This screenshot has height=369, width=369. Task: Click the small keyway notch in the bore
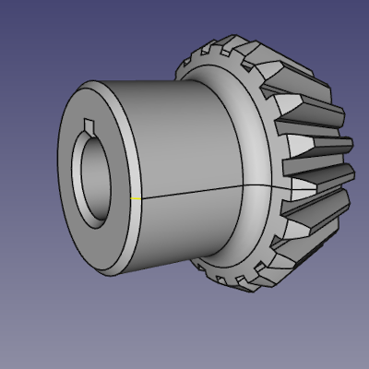tap(87, 125)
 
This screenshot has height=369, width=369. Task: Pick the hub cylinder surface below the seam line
tap(184, 231)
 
